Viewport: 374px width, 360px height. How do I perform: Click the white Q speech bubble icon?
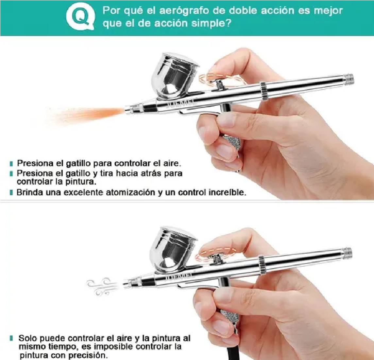tap(80, 17)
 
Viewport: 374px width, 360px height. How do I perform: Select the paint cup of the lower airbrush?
tap(174, 249)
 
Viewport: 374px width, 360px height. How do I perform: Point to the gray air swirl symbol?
tap(102, 286)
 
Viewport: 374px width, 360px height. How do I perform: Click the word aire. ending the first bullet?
tap(171, 163)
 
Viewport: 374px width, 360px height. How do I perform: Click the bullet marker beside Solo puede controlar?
tap(12, 338)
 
